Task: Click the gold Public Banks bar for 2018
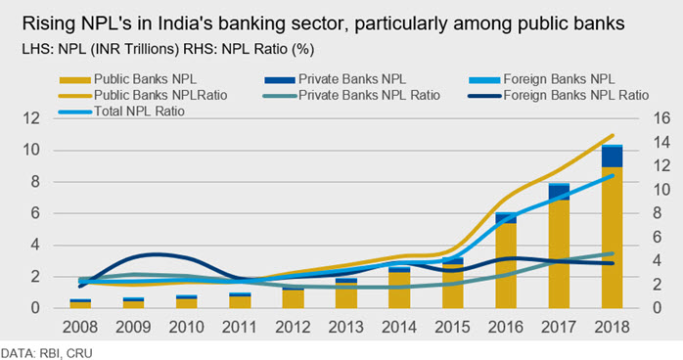click(x=612, y=238)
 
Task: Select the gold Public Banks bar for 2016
click(x=506, y=266)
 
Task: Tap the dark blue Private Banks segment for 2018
click(x=612, y=157)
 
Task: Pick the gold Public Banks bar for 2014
click(x=399, y=291)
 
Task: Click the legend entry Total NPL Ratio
click(x=121, y=112)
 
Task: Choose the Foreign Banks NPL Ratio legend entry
click(x=558, y=95)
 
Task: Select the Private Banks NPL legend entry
click(x=335, y=79)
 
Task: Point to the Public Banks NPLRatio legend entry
click(x=143, y=95)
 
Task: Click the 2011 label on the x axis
click(x=240, y=327)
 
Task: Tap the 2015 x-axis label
click(x=452, y=327)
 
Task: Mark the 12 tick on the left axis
click(x=31, y=118)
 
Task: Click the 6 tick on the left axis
click(x=36, y=213)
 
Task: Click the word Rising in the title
click(x=48, y=23)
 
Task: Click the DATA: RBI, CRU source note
click(x=46, y=353)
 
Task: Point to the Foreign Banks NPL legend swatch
click(x=484, y=80)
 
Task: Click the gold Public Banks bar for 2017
click(x=559, y=254)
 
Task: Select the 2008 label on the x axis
click(x=80, y=327)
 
